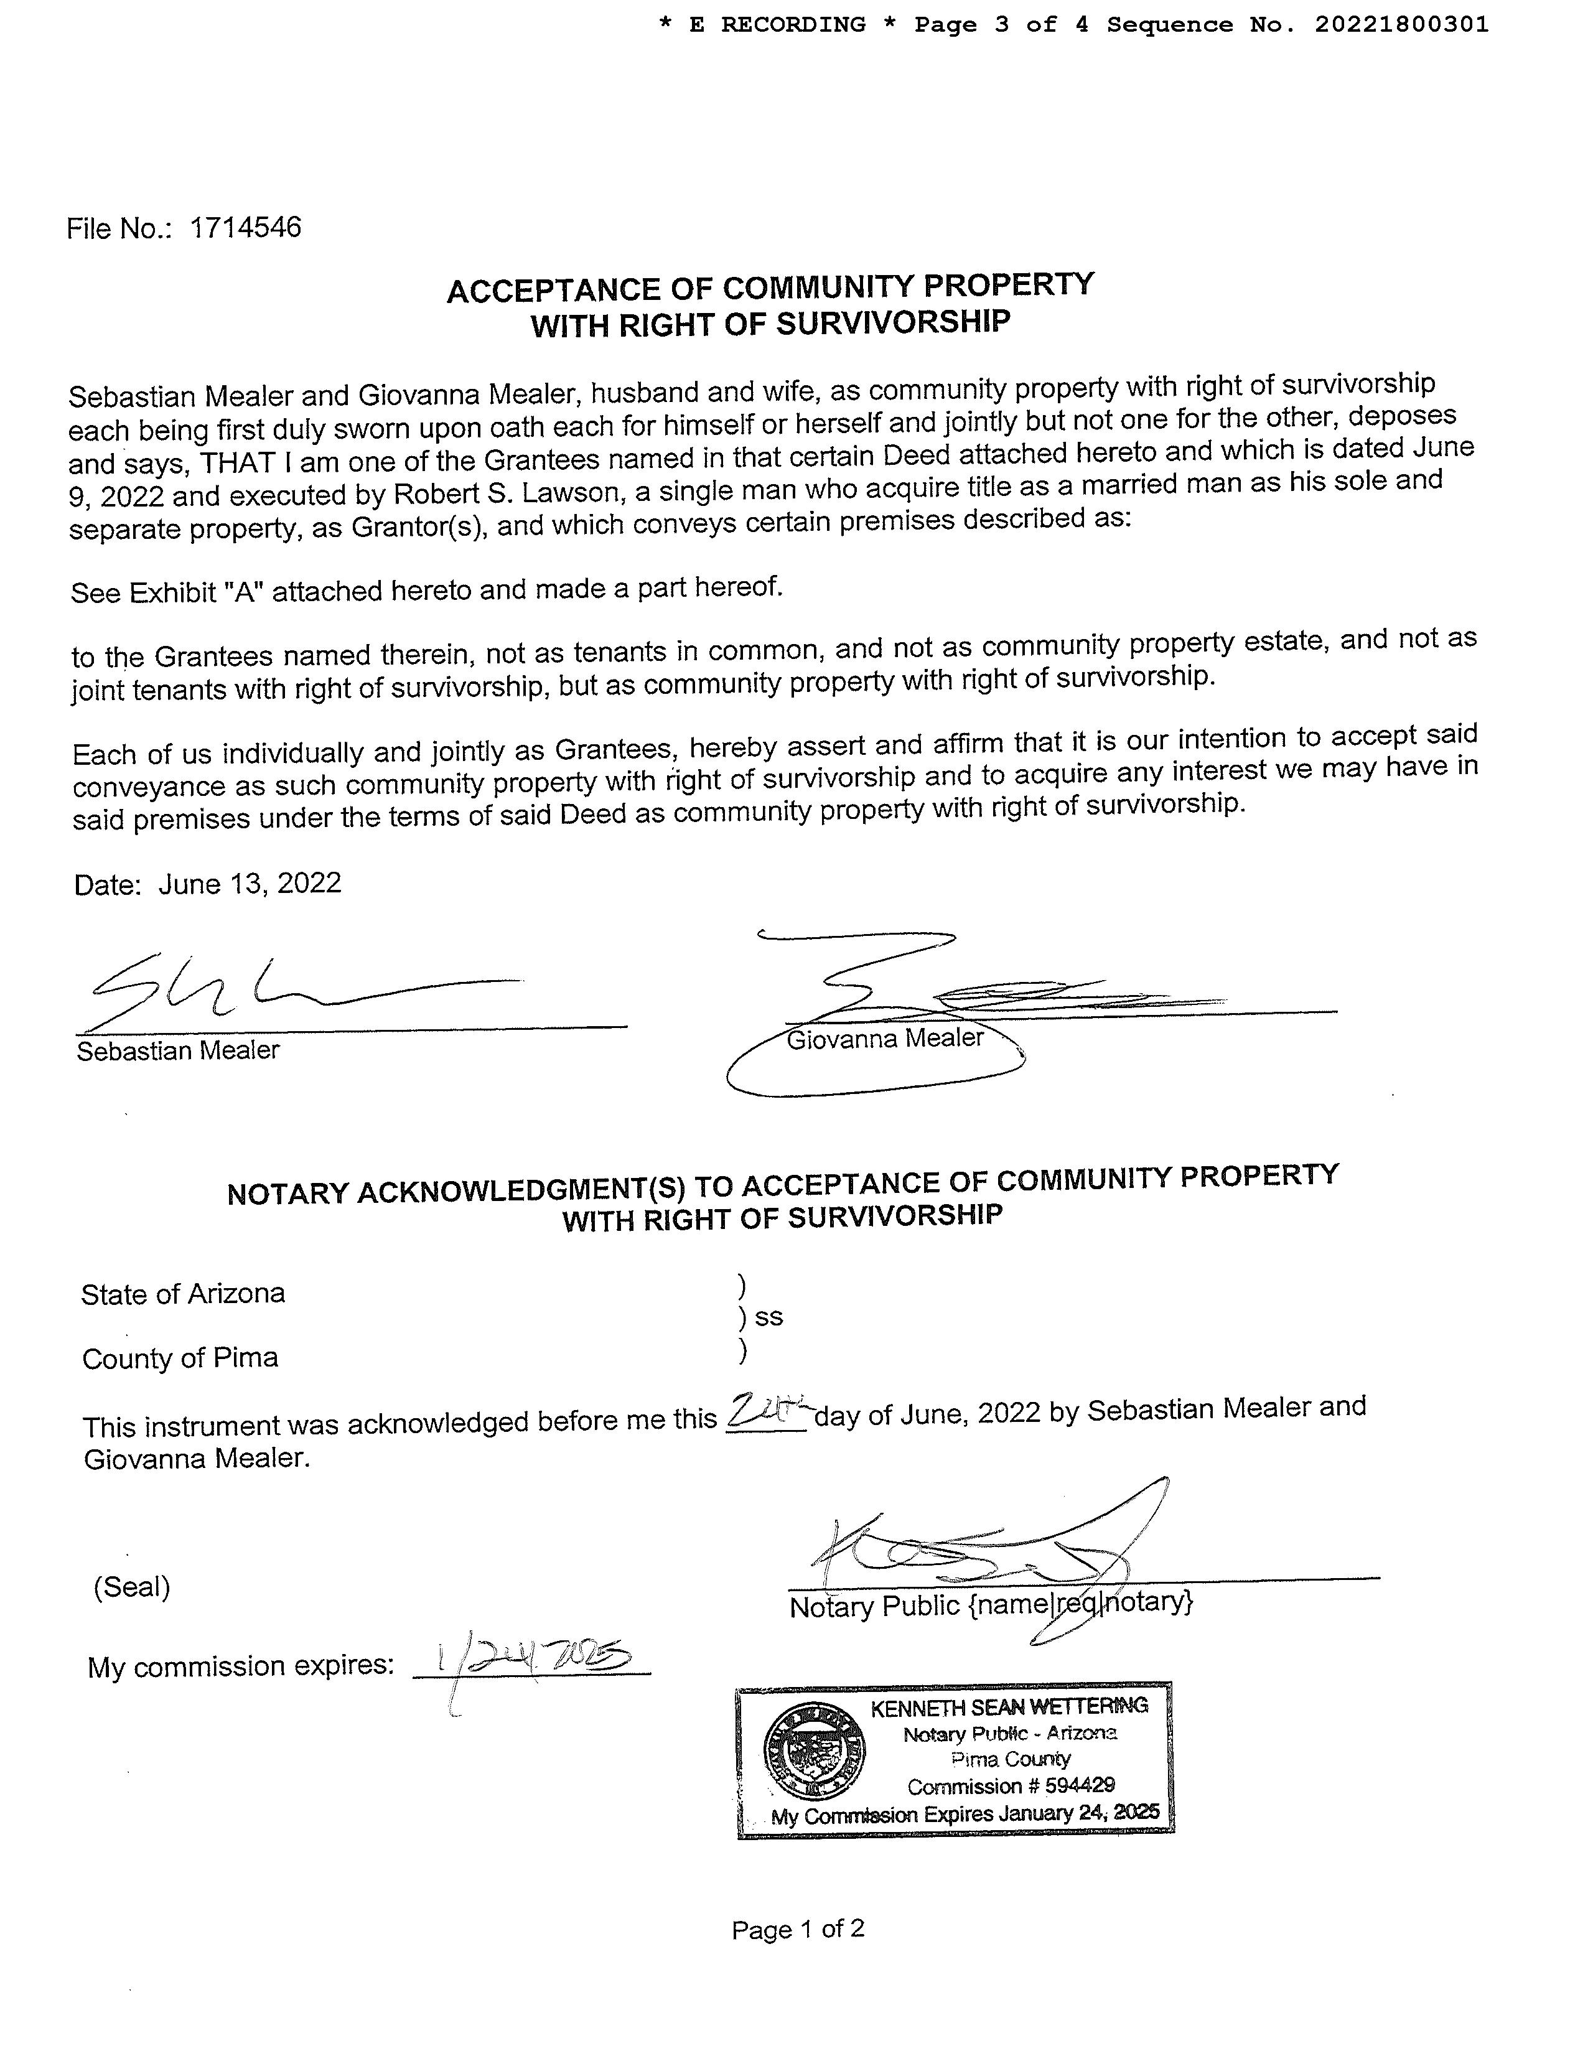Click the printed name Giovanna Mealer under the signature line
tap(884, 1038)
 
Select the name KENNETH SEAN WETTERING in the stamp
tap(1008, 1706)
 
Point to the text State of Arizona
tap(183, 1293)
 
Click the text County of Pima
tap(180, 1358)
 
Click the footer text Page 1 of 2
tap(798, 1929)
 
